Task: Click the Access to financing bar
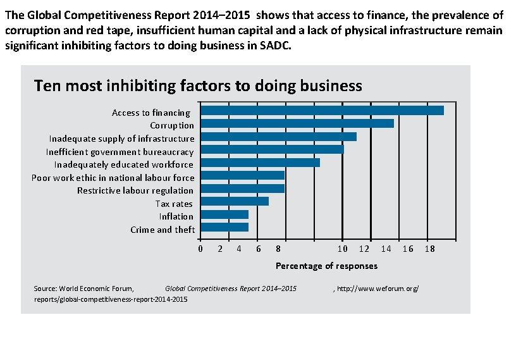(x=322, y=111)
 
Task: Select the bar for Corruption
(x=297, y=123)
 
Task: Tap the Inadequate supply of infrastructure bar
(x=278, y=137)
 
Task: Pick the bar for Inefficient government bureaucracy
(x=272, y=149)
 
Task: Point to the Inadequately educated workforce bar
(x=260, y=163)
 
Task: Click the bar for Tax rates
(x=235, y=201)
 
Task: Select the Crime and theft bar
(x=224, y=227)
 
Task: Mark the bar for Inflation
(x=224, y=214)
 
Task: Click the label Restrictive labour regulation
(x=135, y=190)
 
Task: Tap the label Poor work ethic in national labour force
(x=113, y=178)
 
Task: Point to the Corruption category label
(x=172, y=125)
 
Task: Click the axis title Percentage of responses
(x=326, y=266)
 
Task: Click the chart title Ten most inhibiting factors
(x=198, y=86)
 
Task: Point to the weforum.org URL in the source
(x=377, y=289)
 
